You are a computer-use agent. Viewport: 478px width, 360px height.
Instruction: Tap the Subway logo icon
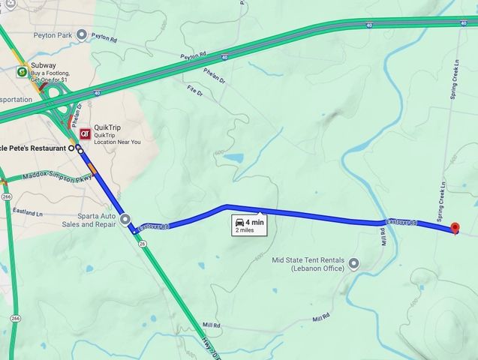click(23, 71)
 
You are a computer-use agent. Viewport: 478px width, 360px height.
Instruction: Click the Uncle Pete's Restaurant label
click(34, 148)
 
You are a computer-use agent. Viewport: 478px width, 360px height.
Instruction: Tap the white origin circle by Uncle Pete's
click(73, 148)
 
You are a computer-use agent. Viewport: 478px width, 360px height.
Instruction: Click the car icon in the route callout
click(239, 222)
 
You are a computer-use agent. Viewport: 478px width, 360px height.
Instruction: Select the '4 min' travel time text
click(254, 222)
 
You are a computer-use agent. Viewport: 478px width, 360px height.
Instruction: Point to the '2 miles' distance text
click(245, 231)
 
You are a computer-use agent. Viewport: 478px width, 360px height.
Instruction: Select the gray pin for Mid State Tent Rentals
click(354, 263)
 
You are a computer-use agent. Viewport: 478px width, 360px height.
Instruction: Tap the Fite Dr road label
click(194, 91)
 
